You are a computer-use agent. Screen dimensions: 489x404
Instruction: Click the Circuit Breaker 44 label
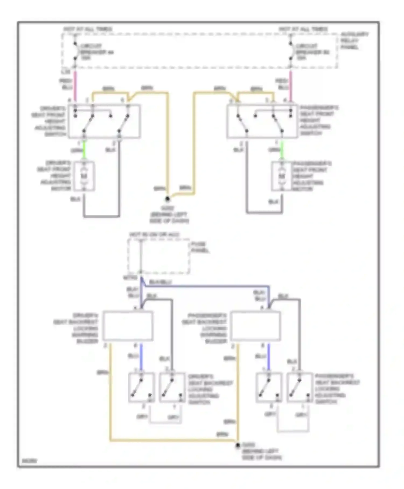pos(96,52)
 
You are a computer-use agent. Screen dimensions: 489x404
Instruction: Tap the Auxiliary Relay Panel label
pos(354,41)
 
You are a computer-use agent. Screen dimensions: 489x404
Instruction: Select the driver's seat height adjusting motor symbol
pos(84,176)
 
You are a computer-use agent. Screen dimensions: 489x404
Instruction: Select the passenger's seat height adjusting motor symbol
pos(281,176)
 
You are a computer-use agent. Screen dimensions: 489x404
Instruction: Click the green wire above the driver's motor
pos(84,150)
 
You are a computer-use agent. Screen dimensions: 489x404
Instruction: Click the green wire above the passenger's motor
pos(282,150)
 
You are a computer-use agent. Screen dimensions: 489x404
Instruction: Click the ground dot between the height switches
pos(167,199)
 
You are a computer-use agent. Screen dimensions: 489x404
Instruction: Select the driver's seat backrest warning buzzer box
pos(128,326)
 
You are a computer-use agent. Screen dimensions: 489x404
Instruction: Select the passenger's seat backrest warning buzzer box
pos(255,326)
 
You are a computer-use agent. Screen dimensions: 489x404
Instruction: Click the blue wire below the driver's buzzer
pos(141,356)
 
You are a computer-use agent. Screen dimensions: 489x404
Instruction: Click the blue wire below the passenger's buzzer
pos(269,356)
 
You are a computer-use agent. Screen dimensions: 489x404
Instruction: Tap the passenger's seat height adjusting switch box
pos(262,121)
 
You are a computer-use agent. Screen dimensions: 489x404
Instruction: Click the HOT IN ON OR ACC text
pos(154,235)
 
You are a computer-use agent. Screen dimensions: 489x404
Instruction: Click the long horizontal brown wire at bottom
pos(172,440)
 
